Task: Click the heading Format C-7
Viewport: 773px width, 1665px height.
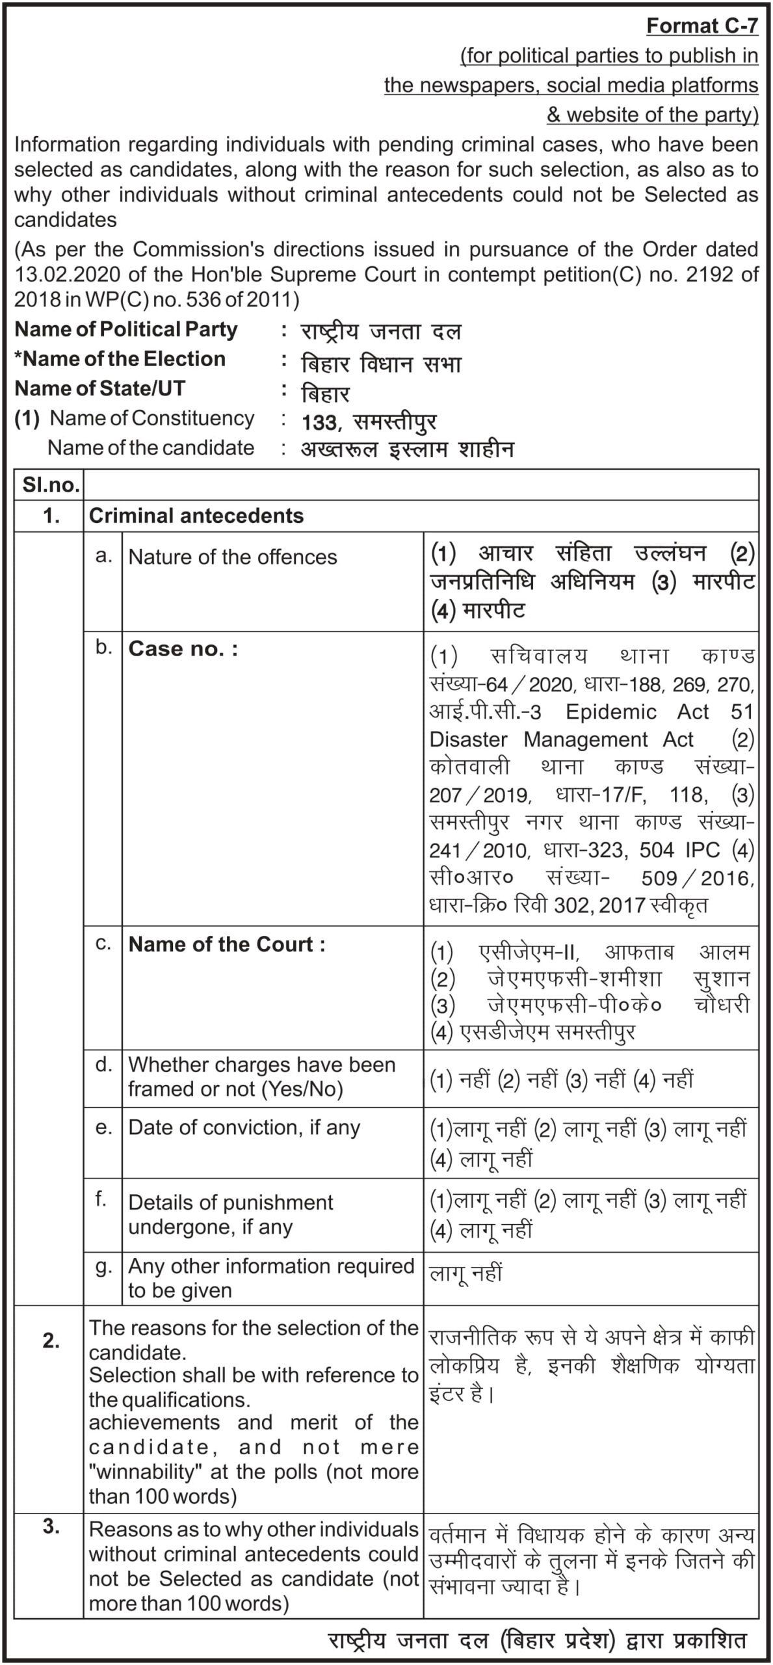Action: coord(702,26)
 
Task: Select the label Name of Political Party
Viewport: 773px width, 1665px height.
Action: coord(126,330)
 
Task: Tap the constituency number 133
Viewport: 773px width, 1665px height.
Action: coord(319,423)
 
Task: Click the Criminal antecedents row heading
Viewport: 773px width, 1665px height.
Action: coord(196,516)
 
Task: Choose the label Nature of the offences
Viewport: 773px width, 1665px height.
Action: coord(233,557)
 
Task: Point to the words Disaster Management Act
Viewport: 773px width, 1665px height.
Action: coord(562,739)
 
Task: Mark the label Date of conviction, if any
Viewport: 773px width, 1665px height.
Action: coord(244,1127)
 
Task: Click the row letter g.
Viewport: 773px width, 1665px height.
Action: coord(103,1266)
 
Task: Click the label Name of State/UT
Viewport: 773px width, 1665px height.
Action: coord(100,388)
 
